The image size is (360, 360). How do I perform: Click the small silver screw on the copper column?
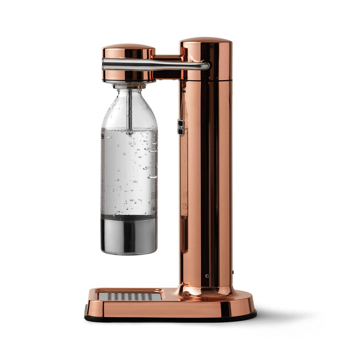pos(207,276)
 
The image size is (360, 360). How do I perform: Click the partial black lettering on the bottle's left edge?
pos(103,137)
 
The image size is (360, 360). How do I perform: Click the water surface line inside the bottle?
pos(129,130)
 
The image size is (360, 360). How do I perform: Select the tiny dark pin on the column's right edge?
pos(233,271)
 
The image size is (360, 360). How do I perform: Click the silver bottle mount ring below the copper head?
pos(129,85)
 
